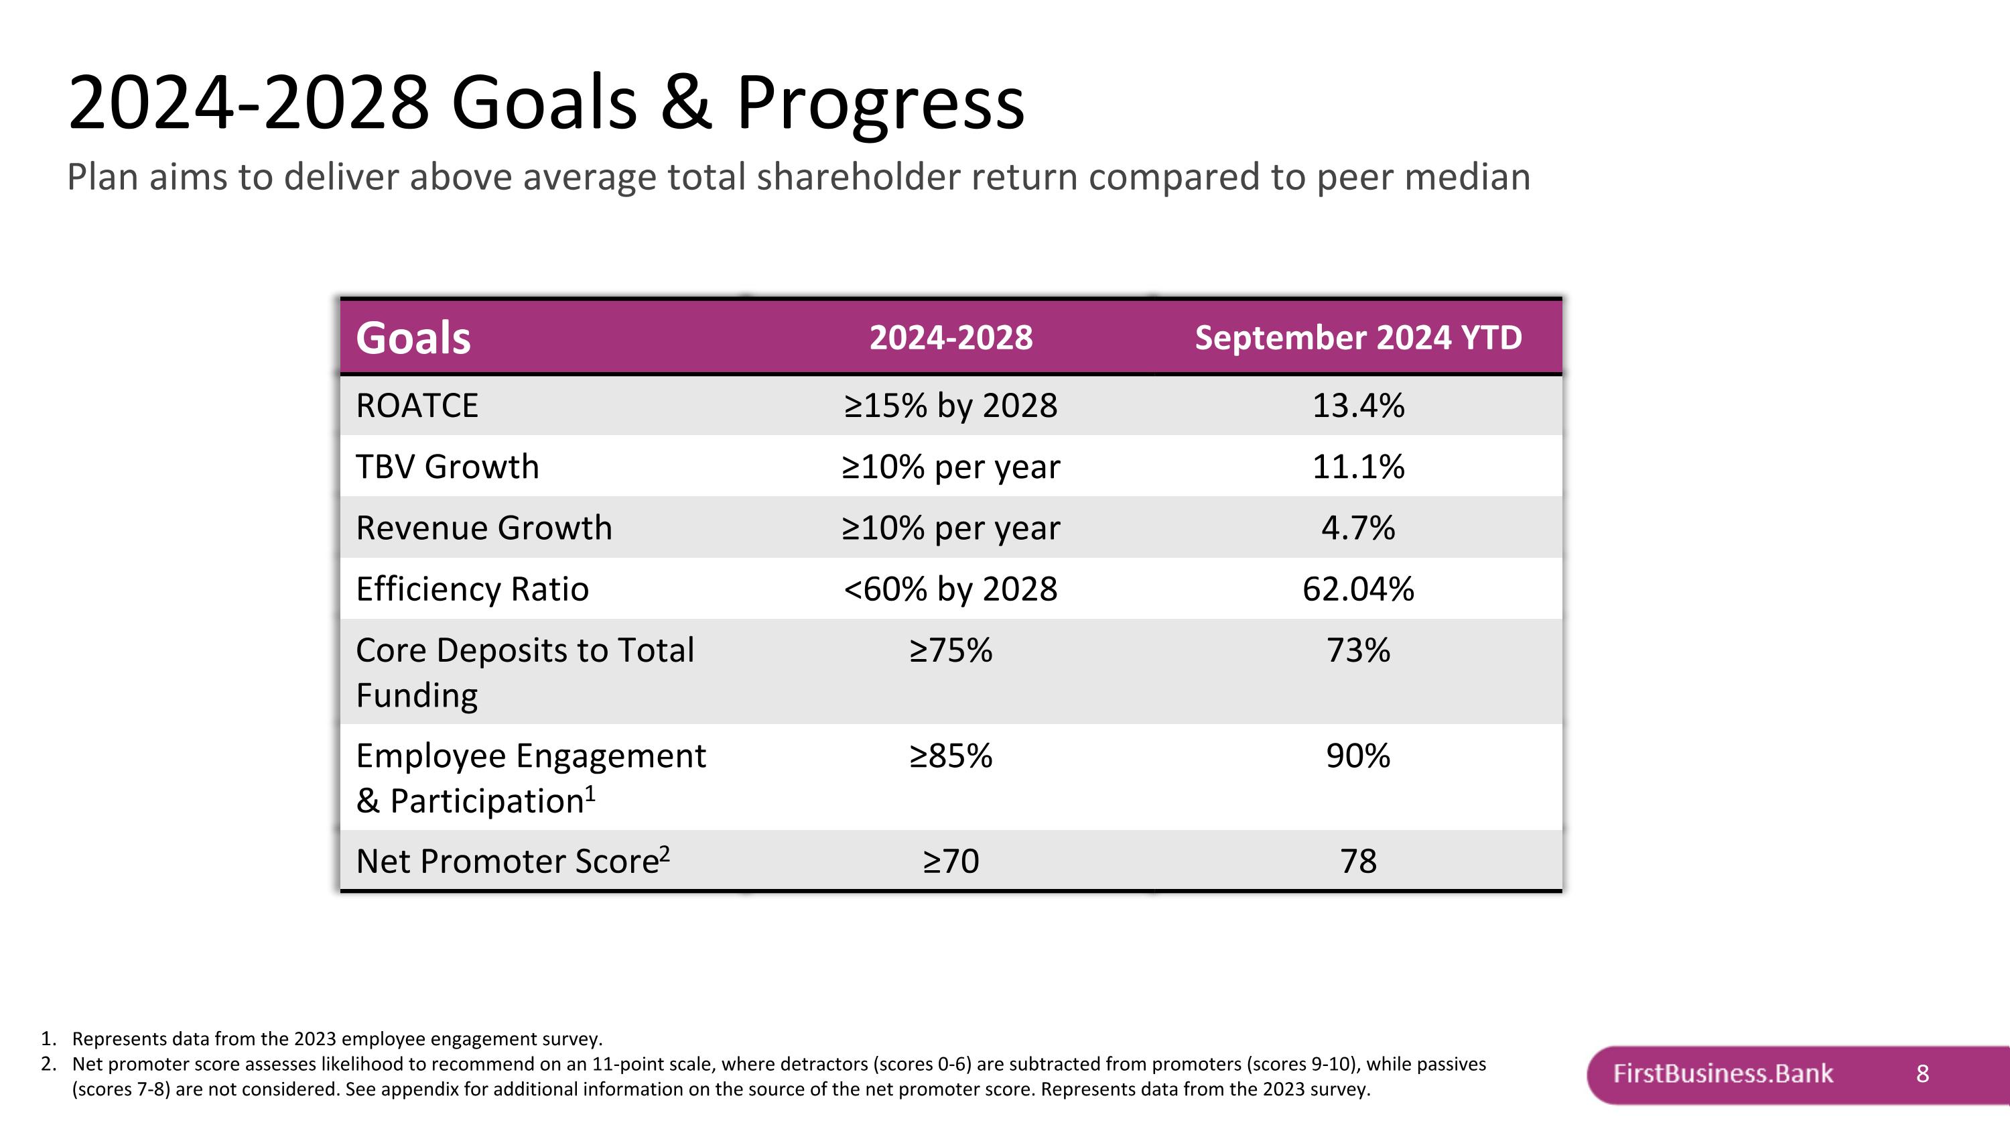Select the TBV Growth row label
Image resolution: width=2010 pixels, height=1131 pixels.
(x=447, y=467)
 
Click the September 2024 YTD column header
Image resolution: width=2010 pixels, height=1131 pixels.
(x=1359, y=338)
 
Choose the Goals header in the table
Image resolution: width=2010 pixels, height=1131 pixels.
(x=413, y=338)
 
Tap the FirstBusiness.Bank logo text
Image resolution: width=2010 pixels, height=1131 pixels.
(x=1723, y=1073)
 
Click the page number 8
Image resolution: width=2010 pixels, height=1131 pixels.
(x=1923, y=1074)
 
